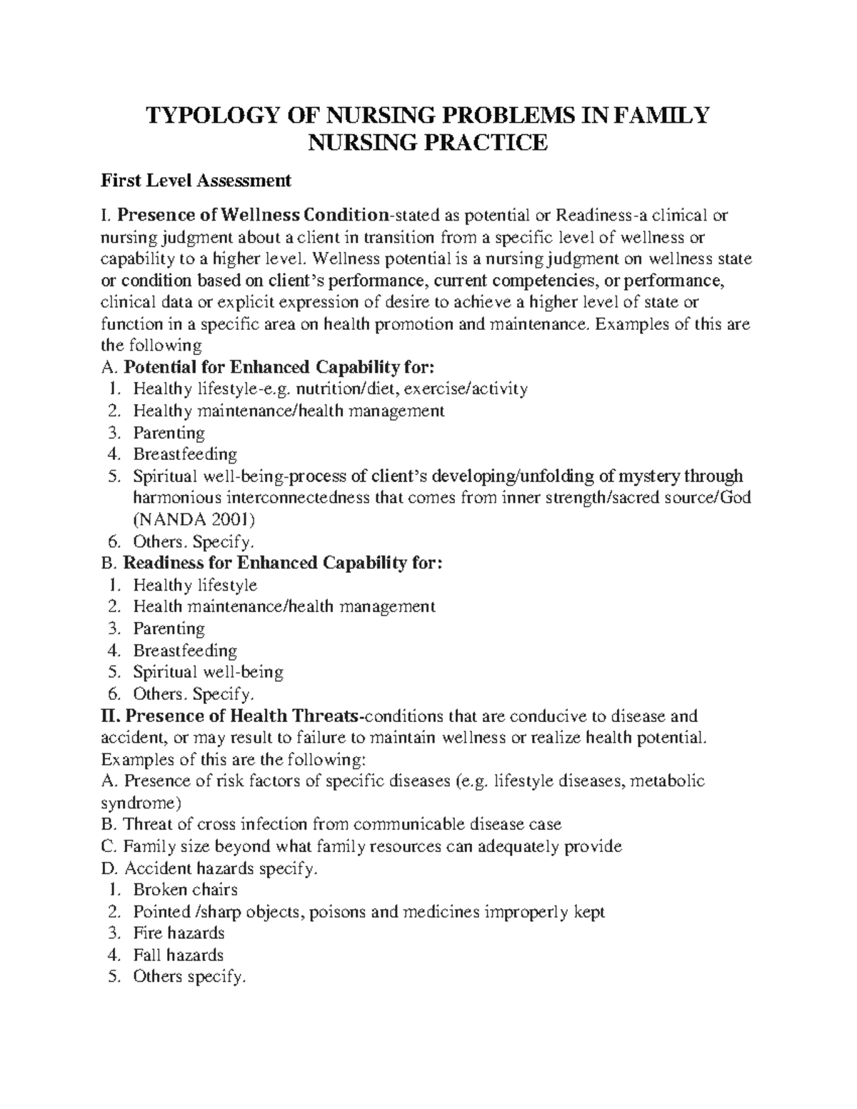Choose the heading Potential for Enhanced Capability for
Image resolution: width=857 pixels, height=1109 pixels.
278,367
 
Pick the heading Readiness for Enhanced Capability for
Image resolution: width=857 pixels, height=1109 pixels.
283,563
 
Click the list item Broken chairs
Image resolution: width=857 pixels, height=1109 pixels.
185,890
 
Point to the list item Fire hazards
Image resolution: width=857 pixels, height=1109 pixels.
179,933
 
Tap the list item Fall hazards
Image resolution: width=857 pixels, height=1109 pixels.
178,955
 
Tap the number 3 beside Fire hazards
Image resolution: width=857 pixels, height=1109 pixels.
112,933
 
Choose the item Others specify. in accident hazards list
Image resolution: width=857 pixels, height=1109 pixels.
189,977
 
